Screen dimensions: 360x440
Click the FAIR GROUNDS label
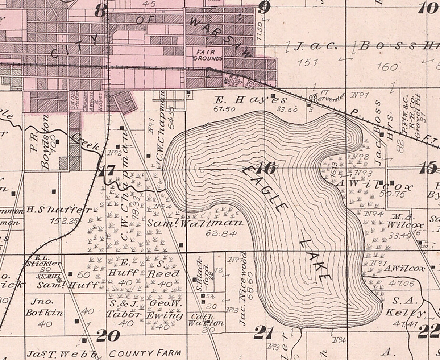point(208,55)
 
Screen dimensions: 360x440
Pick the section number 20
point(108,336)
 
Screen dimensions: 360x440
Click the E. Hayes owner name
point(250,100)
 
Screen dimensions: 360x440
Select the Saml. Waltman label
point(195,223)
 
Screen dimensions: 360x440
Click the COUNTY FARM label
point(145,353)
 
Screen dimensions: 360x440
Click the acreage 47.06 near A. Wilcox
point(401,284)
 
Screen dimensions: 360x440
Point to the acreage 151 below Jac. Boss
point(308,62)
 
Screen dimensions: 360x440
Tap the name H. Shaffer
point(58,210)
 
